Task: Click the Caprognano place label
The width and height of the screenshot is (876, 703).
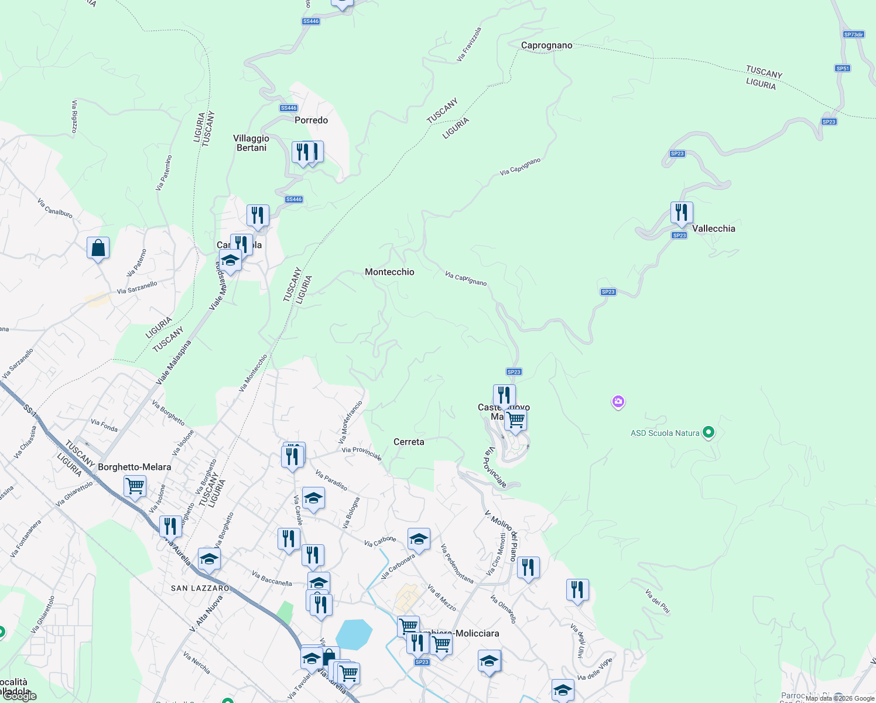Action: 546,45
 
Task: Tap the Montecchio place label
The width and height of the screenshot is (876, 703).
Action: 389,272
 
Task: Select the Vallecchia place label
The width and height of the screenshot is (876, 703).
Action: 713,228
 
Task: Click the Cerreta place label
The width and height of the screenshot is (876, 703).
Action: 409,442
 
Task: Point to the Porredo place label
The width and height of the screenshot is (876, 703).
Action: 311,120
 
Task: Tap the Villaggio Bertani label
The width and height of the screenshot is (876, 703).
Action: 251,143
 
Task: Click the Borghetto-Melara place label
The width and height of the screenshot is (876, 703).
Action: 134,467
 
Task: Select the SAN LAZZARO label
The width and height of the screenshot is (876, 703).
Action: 200,588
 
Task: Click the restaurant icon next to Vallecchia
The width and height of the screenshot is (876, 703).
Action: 682,213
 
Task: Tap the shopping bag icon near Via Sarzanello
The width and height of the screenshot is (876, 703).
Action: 98,248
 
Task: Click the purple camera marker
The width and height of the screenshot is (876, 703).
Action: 618,402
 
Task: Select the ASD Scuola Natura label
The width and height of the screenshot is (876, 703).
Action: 665,433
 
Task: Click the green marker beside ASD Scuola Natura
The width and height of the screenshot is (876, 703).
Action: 709,433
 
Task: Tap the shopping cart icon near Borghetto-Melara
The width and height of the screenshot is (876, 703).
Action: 135,486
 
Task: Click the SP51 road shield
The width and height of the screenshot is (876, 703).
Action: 842,69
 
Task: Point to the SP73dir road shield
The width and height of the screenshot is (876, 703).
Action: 853,35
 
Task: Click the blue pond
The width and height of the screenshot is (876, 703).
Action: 354,634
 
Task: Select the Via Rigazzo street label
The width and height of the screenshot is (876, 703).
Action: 74,116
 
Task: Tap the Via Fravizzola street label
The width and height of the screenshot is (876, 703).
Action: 469,45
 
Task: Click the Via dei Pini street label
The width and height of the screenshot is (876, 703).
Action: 657,601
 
